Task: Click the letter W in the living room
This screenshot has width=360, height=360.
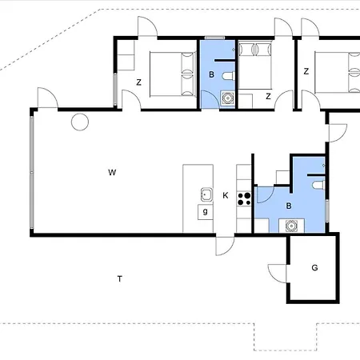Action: coord(112,172)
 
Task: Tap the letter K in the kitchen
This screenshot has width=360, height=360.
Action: coord(226,195)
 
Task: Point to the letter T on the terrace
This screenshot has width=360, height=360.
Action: coord(120,279)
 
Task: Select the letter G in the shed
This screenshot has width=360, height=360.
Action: coord(314,267)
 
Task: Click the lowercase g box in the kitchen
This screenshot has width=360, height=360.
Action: coord(206,212)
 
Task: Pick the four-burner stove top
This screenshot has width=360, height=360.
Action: coord(244,199)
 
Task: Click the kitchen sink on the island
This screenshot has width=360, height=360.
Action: coord(206,194)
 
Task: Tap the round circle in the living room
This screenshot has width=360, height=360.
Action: coord(80,122)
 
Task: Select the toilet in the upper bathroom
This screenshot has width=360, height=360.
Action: coord(228,76)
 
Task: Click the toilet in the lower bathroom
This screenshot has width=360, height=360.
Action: coord(318,185)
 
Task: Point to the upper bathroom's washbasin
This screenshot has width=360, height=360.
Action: coord(227,98)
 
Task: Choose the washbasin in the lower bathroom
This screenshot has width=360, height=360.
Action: coord(291,226)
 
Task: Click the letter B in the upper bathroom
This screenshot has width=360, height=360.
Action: coord(211,74)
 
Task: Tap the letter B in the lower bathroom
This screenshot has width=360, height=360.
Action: coord(289,206)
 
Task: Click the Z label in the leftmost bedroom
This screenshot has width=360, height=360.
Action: coord(138,82)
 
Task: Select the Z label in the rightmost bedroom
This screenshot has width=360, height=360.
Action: coord(306,71)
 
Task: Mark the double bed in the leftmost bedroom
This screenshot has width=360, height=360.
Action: coord(172,74)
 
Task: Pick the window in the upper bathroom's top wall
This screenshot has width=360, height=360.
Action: coord(214,38)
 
